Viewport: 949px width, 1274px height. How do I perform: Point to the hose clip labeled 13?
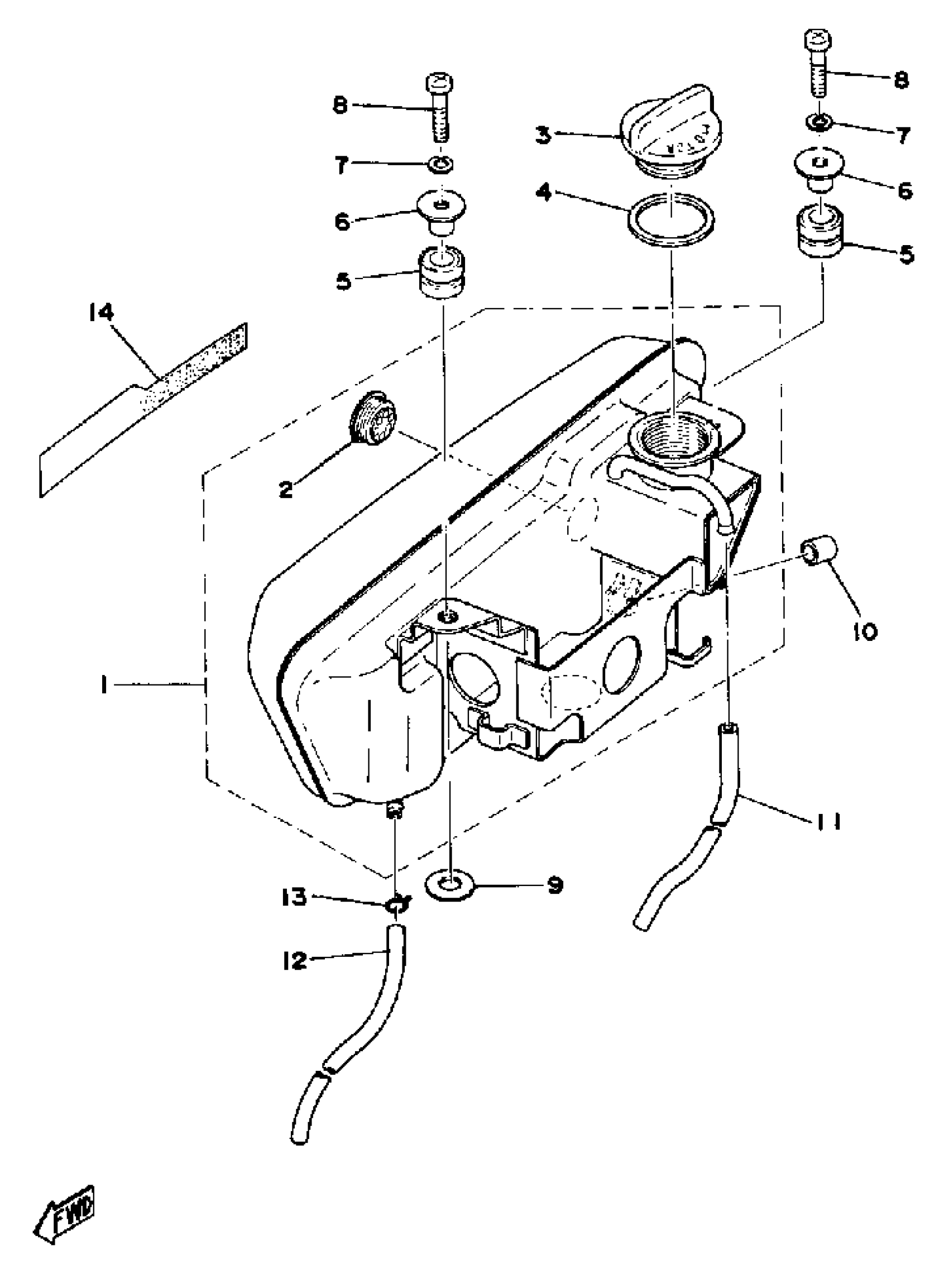click(x=396, y=906)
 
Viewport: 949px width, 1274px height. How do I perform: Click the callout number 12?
click(x=295, y=960)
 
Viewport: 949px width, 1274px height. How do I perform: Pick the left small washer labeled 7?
click(x=440, y=165)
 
